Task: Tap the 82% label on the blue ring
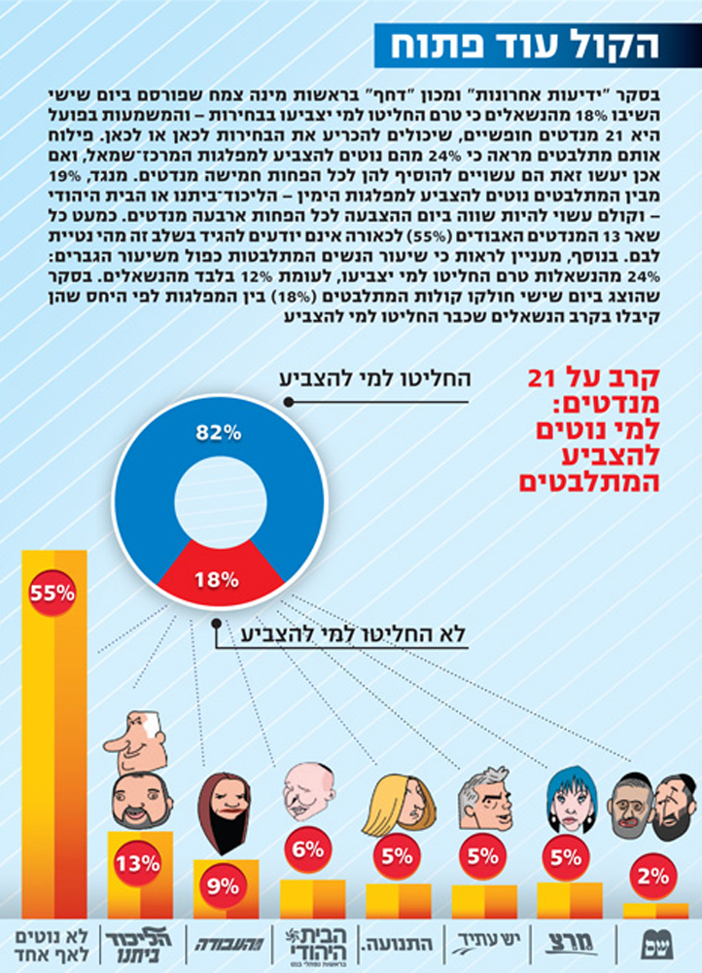click(x=217, y=435)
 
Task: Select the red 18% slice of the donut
click(x=217, y=578)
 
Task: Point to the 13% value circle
click(x=137, y=862)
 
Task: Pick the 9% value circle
click(x=223, y=885)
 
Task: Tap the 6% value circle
click(x=307, y=848)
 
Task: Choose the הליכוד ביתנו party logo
click(x=137, y=941)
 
